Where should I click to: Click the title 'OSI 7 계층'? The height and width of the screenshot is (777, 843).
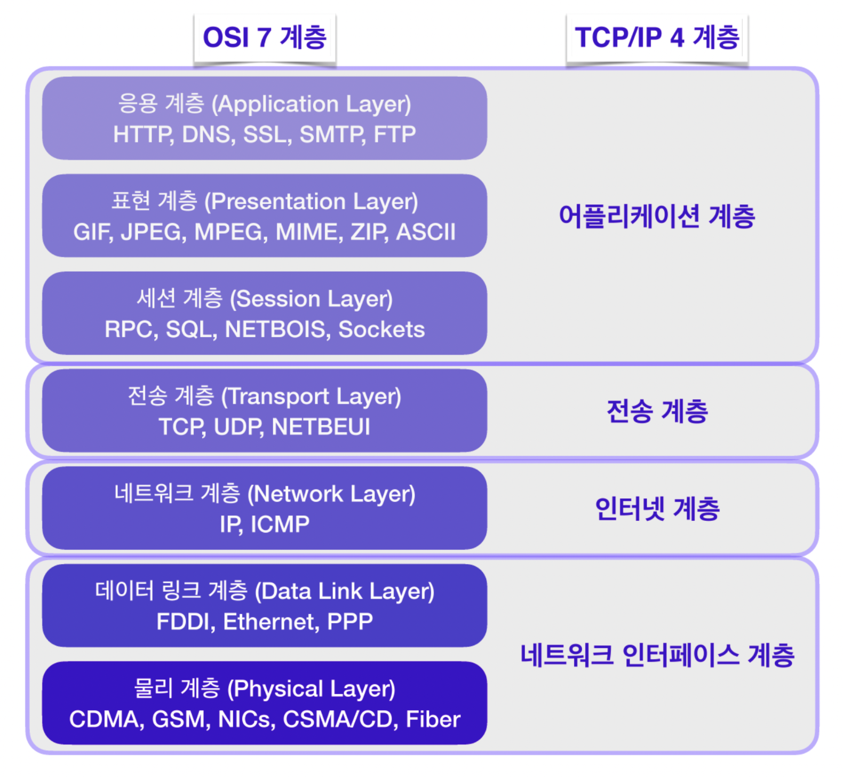[265, 38]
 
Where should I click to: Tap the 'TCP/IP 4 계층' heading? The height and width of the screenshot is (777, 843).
[657, 38]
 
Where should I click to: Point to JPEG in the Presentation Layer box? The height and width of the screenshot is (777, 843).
[154, 232]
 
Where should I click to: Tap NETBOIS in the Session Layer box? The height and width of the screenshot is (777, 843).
[275, 330]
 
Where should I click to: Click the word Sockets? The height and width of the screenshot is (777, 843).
[381, 330]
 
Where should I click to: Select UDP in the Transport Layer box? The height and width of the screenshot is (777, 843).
[238, 427]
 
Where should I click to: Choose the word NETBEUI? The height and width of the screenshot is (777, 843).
[321, 427]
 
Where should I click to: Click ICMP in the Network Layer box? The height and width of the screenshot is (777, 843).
[280, 525]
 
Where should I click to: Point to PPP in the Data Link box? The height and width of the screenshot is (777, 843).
[349, 622]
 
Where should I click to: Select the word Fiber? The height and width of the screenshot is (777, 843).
[433, 719]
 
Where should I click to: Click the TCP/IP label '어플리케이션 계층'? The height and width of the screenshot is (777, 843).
[657, 216]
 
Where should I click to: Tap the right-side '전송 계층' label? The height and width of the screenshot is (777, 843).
[657, 411]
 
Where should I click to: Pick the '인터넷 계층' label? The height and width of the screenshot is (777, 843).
[657, 509]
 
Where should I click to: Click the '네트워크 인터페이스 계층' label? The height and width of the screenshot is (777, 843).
[657, 655]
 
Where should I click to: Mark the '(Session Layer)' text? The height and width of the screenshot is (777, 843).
[311, 299]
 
